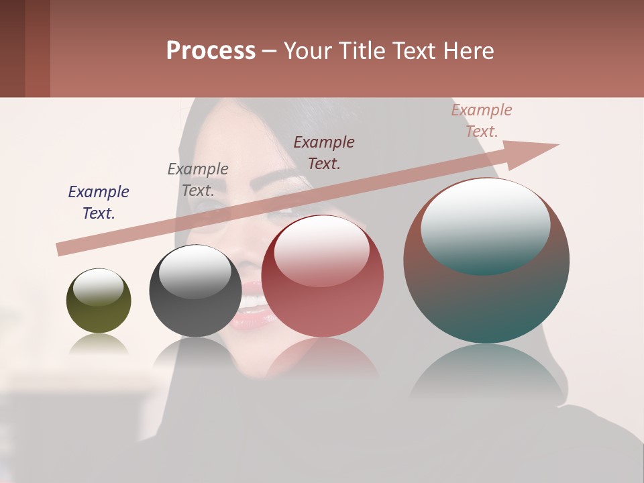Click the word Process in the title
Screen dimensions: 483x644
pos(211,51)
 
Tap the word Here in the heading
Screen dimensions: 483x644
pos(468,51)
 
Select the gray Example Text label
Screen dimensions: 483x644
pos(198,180)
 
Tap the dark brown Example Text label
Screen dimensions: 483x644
pos(324,152)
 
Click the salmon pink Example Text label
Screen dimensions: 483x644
pos(482,121)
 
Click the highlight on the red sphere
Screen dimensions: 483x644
pos(322,250)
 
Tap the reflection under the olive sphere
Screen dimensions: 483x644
pos(99,345)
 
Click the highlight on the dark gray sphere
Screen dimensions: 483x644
pos(195,272)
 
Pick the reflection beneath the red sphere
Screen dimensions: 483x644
pos(322,359)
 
